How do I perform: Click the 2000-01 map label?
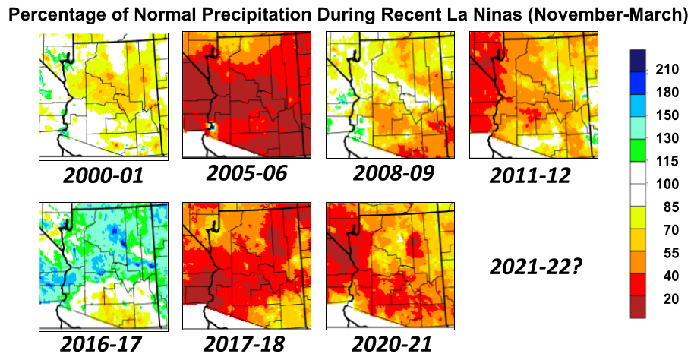pos(103,176)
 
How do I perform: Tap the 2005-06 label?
pos(247,173)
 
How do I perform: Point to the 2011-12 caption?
pos(530,176)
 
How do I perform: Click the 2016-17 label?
pos(102,343)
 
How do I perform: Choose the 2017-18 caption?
pos(245,343)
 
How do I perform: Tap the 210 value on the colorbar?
pos(667,71)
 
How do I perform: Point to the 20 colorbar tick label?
pos(667,299)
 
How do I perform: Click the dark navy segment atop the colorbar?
pos(638,60)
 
